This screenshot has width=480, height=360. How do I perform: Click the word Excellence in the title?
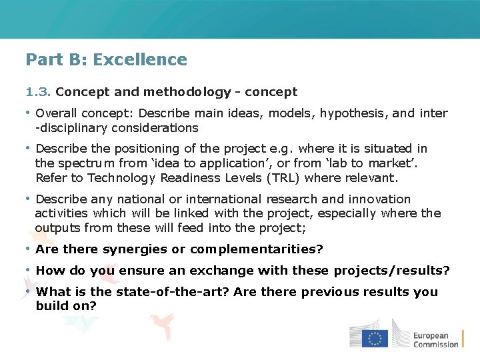(140, 59)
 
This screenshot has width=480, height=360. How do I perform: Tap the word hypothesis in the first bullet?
(351, 113)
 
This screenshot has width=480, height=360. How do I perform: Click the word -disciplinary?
(69, 128)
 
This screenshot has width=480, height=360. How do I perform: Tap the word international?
(225, 199)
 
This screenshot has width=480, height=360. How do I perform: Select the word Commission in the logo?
(435, 345)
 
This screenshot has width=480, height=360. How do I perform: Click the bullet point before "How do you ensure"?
(28, 271)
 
